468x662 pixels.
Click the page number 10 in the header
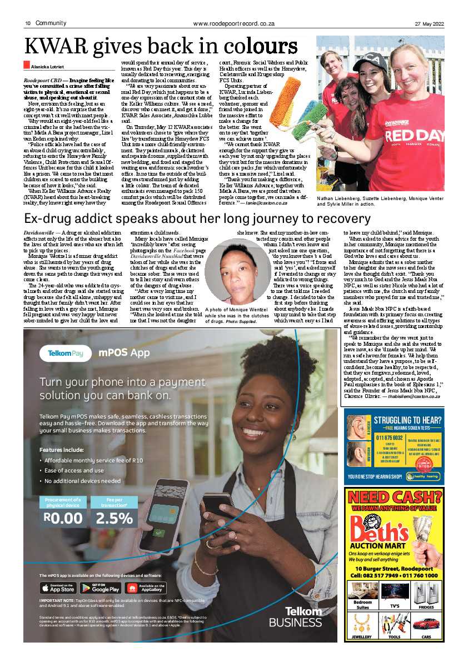[27, 23]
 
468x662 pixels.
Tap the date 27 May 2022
[430, 23]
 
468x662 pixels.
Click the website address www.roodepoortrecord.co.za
[234, 23]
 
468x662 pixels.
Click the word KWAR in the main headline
[59, 46]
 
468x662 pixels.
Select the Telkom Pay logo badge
[66, 353]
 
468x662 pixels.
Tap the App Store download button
[58, 588]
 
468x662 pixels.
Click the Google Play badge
[100, 588]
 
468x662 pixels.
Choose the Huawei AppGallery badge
[145, 588]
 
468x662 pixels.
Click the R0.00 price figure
[63, 518]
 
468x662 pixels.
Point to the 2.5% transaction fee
[114, 518]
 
